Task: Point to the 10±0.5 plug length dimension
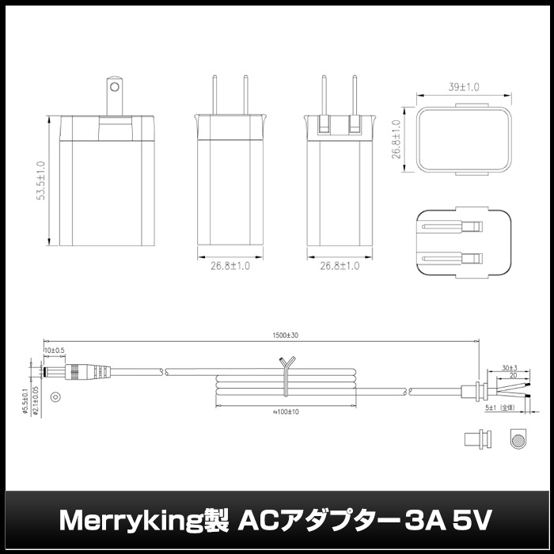pos(55,350)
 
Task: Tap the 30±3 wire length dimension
pos(509,368)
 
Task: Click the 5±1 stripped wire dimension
pos(501,409)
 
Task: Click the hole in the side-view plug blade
pos(116,85)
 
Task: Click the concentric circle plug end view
pos(55,397)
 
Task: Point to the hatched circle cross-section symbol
pos(518,440)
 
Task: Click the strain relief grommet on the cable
pos(472,389)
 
